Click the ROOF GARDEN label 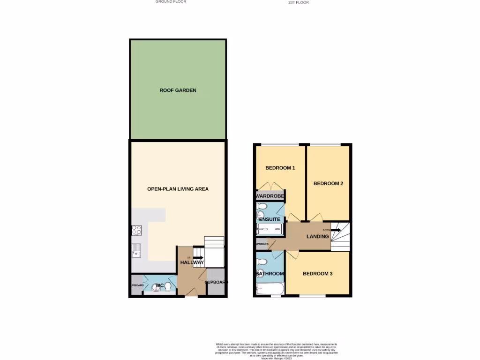click(x=178, y=90)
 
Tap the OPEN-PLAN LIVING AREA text click(x=178, y=189)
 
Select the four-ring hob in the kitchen click(x=136, y=230)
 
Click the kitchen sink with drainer click(x=136, y=251)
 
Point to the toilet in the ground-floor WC click(x=168, y=286)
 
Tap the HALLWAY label click(x=192, y=262)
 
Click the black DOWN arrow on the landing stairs click(x=337, y=230)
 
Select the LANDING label click(x=317, y=236)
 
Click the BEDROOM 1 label click(x=280, y=167)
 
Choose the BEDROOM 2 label click(x=328, y=183)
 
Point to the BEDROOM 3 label click(x=317, y=273)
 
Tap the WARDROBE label click(x=270, y=195)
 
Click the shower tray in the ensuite click(x=269, y=229)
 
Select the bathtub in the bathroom click(x=269, y=288)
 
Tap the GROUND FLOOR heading click(x=171, y=2)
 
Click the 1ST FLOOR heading click(x=298, y=2)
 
